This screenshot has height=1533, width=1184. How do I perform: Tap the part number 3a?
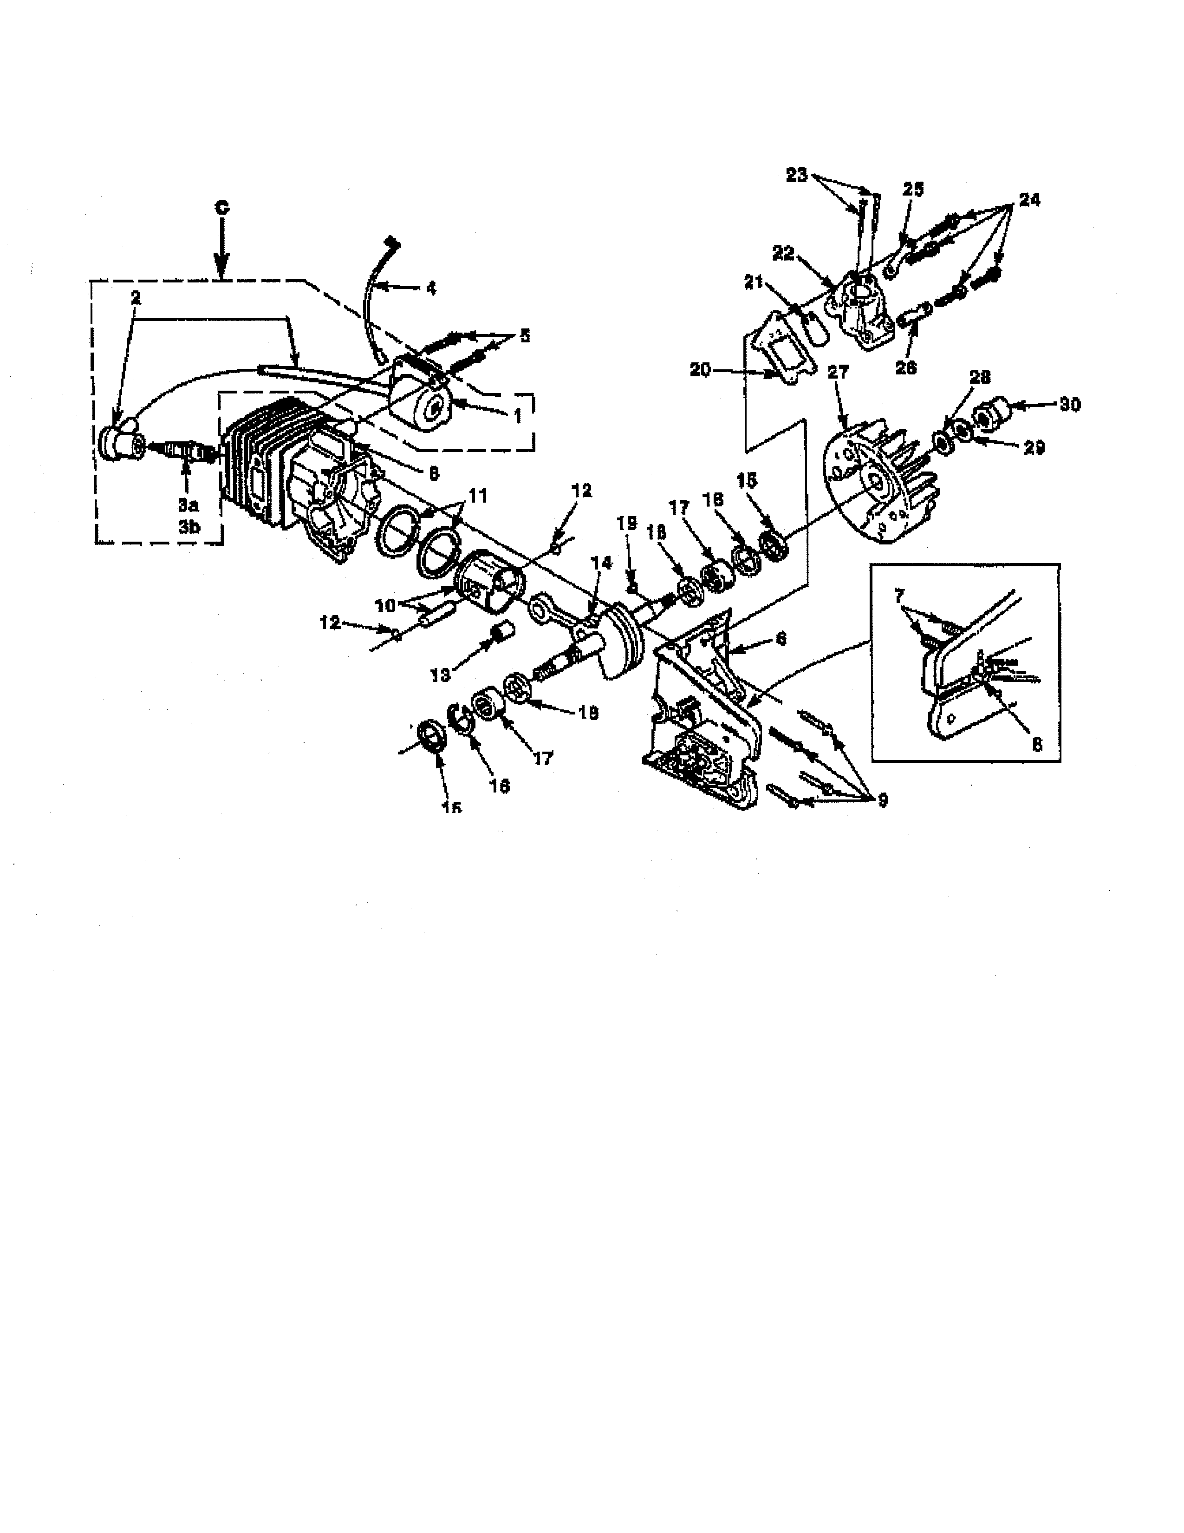click(x=187, y=504)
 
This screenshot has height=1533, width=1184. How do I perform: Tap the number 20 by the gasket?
click(x=701, y=370)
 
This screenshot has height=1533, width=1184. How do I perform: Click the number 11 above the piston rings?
click(x=478, y=496)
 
